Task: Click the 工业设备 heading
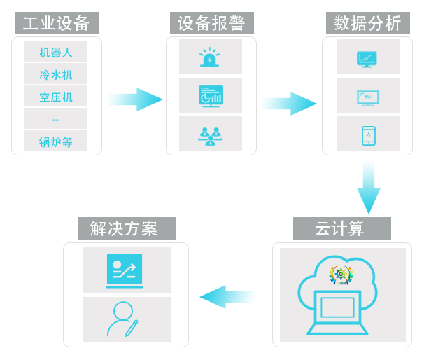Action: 57,23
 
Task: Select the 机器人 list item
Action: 56,52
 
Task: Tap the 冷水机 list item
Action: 56,74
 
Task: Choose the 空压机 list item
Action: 56,97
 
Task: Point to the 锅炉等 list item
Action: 56,141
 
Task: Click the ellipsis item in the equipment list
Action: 56,119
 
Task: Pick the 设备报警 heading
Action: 211,23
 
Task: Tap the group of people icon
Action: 210,134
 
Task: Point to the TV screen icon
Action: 367,96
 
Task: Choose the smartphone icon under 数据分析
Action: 367,134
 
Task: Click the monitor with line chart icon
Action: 367,57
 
